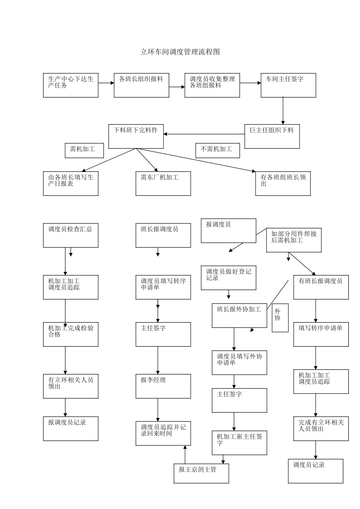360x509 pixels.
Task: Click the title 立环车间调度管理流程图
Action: coord(180,52)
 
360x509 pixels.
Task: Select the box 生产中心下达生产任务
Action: coord(70,85)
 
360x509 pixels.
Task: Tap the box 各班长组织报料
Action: coord(141,85)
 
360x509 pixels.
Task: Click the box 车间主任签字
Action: coord(288,85)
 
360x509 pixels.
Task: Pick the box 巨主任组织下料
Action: coord(272,136)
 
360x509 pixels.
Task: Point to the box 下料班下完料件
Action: coord(136,136)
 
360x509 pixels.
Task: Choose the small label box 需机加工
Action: coord(85,150)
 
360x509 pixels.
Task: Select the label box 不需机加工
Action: coord(218,150)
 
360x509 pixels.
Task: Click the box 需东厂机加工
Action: coord(163,183)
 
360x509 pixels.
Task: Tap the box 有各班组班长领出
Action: coord(283,183)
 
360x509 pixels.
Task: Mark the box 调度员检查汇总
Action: coord(70,235)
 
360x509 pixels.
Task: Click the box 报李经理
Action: coord(163,386)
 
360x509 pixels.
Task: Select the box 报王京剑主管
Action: coord(201,473)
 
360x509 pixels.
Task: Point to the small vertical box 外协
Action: coord(280,318)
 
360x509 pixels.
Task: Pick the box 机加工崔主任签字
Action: coord(239,443)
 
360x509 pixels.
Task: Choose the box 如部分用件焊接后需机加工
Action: coord(294,240)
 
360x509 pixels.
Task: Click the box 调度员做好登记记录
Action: coord(228,278)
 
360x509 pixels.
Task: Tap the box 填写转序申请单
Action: coord(321,334)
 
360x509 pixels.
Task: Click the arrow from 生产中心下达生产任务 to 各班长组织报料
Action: coord(106,83)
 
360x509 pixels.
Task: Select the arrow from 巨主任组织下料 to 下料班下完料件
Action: coord(204,134)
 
